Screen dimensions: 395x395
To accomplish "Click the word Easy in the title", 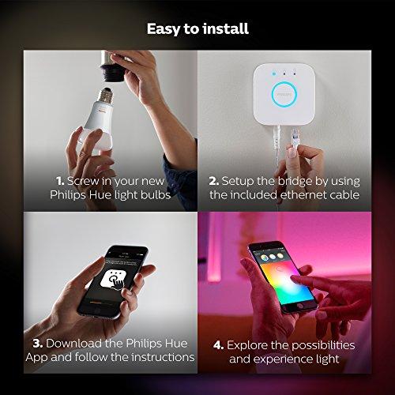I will (163, 29).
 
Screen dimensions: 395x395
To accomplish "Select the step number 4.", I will (218, 345).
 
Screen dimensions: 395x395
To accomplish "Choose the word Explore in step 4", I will (251, 345).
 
